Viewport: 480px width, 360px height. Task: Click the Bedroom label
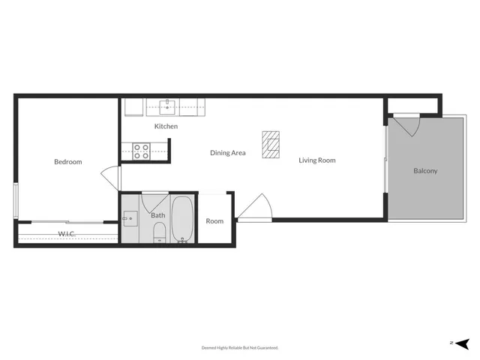[67, 162]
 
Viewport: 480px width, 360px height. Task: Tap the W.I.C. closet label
[67, 234]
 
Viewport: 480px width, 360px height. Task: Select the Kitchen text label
[166, 127]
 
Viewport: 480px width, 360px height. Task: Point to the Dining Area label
[228, 153]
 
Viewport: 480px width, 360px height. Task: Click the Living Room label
[316, 160]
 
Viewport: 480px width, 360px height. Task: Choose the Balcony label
[425, 171]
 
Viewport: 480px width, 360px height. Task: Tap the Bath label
[158, 216]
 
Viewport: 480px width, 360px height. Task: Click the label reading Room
[214, 221]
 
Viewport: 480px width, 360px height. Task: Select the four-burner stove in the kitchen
[141, 151]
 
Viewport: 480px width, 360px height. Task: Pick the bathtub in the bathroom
[182, 219]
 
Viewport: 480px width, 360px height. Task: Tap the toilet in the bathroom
[158, 238]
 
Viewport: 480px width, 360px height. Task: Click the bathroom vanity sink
[129, 218]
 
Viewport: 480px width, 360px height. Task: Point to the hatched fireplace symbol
[271, 144]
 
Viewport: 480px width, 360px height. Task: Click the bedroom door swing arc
[111, 178]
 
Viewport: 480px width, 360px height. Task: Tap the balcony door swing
[406, 124]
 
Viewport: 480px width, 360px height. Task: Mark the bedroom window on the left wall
[15, 200]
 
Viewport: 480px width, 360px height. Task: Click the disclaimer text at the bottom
[240, 348]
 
